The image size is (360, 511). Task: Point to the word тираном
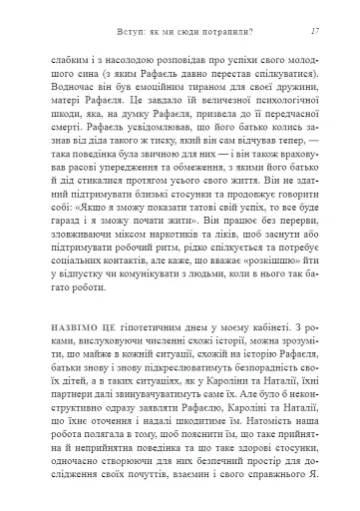coord(178,87)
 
